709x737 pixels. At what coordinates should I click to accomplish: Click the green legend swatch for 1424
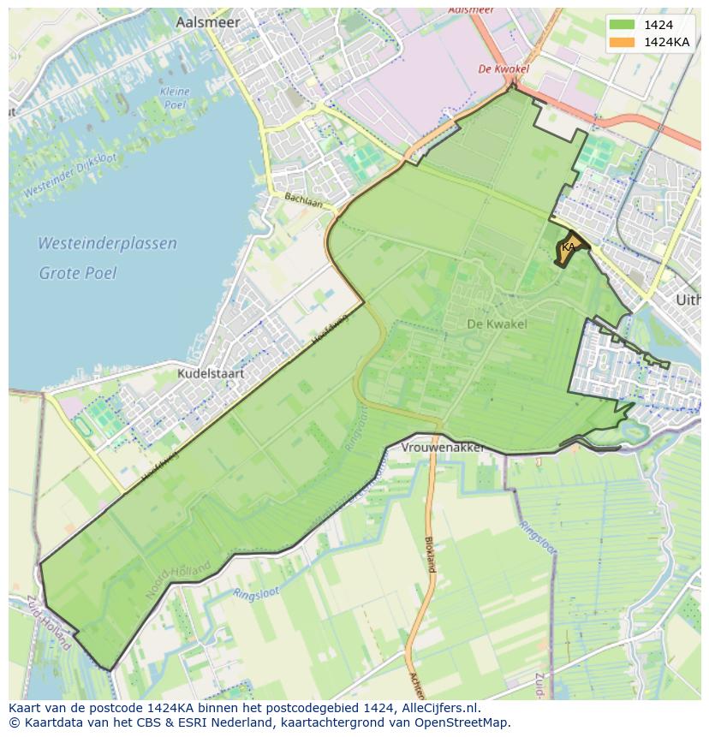pos(623,25)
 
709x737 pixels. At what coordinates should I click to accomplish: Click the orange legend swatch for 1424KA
pos(623,42)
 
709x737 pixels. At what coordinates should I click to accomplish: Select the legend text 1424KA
pos(667,42)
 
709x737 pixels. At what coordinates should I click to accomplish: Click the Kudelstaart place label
pos(211,373)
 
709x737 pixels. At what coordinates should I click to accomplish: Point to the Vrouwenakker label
pos(443,448)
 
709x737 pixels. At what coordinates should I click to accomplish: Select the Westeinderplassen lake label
pos(107,243)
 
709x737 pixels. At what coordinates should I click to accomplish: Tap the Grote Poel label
pos(77,273)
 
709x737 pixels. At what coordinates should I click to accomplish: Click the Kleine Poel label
pos(174,98)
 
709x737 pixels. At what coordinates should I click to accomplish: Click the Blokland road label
pos(430,554)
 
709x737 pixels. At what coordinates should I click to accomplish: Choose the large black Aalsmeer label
pos(208,23)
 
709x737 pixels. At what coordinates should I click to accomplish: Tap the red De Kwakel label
pos(503,69)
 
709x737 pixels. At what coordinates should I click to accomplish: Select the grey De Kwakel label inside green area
pos(497,324)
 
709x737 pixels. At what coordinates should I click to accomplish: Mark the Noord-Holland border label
pos(178,579)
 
